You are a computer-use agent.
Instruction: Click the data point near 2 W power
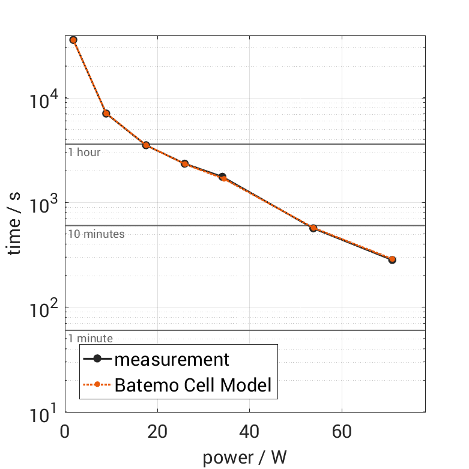pyautogui.click(x=73, y=40)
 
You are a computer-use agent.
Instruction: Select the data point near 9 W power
pyautogui.click(x=106, y=113)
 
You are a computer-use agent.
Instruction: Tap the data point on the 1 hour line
pyautogui.click(x=146, y=145)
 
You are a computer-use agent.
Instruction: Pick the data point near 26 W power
pyautogui.click(x=185, y=164)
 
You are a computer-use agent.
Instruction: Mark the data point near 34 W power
pyautogui.click(x=223, y=177)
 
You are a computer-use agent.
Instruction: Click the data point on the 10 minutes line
pyautogui.click(x=313, y=228)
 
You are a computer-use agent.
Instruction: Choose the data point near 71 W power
pyautogui.click(x=392, y=260)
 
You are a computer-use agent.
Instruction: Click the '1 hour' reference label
pyautogui.click(x=84, y=153)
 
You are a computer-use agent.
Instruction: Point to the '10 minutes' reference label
pyautogui.click(x=96, y=234)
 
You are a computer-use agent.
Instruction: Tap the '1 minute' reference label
pyautogui.click(x=90, y=339)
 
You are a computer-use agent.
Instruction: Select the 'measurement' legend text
pyautogui.click(x=172, y=360)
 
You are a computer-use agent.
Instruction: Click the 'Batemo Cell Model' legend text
pyautogui.click(x=193, y=385)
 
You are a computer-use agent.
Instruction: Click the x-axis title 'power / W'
pyautogui.click(x=245, y=458)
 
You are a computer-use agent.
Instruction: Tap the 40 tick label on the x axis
pyautogui.click(x=249, y=432)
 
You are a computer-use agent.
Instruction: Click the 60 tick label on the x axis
pyautogui.click(x=342, y=432)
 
